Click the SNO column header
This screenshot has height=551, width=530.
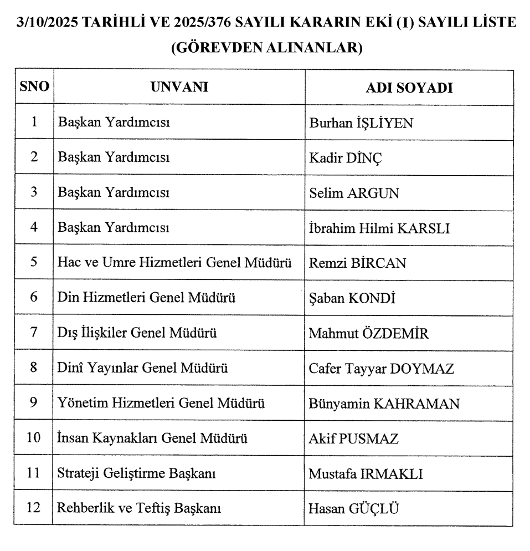[34, 87]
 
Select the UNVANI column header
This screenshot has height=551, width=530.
[179, 87]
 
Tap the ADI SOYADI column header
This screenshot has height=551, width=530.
[409, 88]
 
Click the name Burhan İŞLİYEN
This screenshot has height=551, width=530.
[361, 123]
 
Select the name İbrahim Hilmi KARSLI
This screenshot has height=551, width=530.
[378, 228]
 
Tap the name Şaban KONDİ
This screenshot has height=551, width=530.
[351, 299]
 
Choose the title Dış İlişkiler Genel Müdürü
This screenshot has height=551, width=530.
[137, 333]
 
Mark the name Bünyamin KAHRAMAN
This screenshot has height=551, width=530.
[384, 404]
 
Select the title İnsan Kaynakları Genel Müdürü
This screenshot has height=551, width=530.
[152, 438]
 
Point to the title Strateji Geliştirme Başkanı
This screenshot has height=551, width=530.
[136, 474]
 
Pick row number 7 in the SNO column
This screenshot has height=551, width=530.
[34, 333]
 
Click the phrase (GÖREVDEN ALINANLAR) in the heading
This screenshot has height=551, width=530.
[266, 48]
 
